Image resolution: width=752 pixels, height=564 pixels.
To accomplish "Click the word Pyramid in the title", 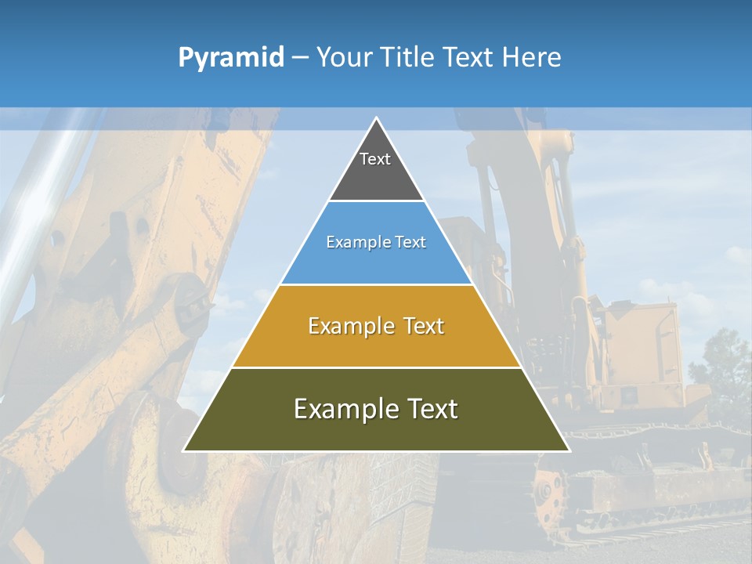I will coord(230,58).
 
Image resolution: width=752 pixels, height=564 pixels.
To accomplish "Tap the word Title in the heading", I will coord(406,58).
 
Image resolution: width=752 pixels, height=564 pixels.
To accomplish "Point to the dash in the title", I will coord(300,58).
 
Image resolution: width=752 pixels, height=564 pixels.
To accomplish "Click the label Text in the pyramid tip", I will coord(375,159).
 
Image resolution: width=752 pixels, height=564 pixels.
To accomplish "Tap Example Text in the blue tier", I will coord(376,242).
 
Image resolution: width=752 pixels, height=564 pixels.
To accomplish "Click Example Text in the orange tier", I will coord(376,326).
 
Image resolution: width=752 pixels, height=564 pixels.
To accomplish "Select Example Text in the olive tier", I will coord(376,409).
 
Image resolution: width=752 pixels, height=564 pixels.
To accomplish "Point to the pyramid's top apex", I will coord(377,118).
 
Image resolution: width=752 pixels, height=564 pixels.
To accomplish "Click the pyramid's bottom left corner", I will coord(185,450).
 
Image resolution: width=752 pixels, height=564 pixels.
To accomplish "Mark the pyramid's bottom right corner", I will coord(569,450).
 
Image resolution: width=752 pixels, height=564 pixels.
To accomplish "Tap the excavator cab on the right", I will coord(638,345).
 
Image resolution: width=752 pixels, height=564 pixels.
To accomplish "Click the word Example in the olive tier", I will coord(341,409).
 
